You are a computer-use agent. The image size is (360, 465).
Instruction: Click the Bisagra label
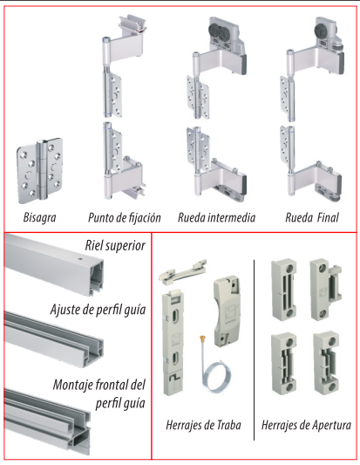tap(39, 217)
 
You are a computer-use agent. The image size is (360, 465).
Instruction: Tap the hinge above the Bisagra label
tap(40, 170)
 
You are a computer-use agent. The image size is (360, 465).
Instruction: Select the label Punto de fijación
tap(125, 218)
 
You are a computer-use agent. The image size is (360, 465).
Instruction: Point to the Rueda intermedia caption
tap(216, 217)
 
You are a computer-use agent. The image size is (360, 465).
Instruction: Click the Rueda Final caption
tap(312, 217)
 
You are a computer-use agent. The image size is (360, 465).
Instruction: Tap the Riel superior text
tap(115, 245)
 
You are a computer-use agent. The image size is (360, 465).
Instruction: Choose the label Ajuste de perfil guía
tap(98, 310)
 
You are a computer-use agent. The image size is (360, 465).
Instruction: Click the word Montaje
tap(71, 385)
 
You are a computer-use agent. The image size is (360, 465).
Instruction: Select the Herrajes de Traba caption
tap(203, 425)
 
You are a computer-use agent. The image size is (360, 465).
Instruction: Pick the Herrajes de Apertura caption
tap(306, 425)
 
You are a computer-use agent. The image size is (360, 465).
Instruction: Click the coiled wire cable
tap(214, 377)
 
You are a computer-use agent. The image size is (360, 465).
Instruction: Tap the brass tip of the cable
tap(203, 338)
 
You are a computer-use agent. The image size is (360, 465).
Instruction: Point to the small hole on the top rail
tap(79, 258)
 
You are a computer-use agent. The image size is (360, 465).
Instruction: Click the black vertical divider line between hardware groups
tap(254, 350)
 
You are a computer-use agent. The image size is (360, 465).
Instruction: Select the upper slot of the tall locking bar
tap(175, 315)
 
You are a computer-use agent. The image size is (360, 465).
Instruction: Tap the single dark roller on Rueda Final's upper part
tap(322, 31)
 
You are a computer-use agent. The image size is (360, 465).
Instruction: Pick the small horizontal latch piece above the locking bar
tap(183, 270)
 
